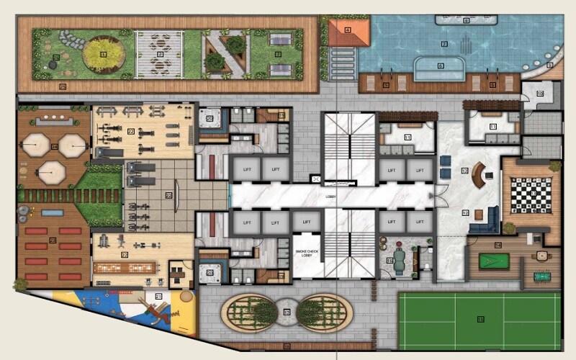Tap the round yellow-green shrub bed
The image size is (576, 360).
pos(102,55)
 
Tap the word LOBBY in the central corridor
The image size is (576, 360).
pos(330,195)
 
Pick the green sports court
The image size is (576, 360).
pos(479,319)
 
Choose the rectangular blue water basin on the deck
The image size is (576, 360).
pos(53,213)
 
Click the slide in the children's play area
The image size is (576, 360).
pos(156,310)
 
